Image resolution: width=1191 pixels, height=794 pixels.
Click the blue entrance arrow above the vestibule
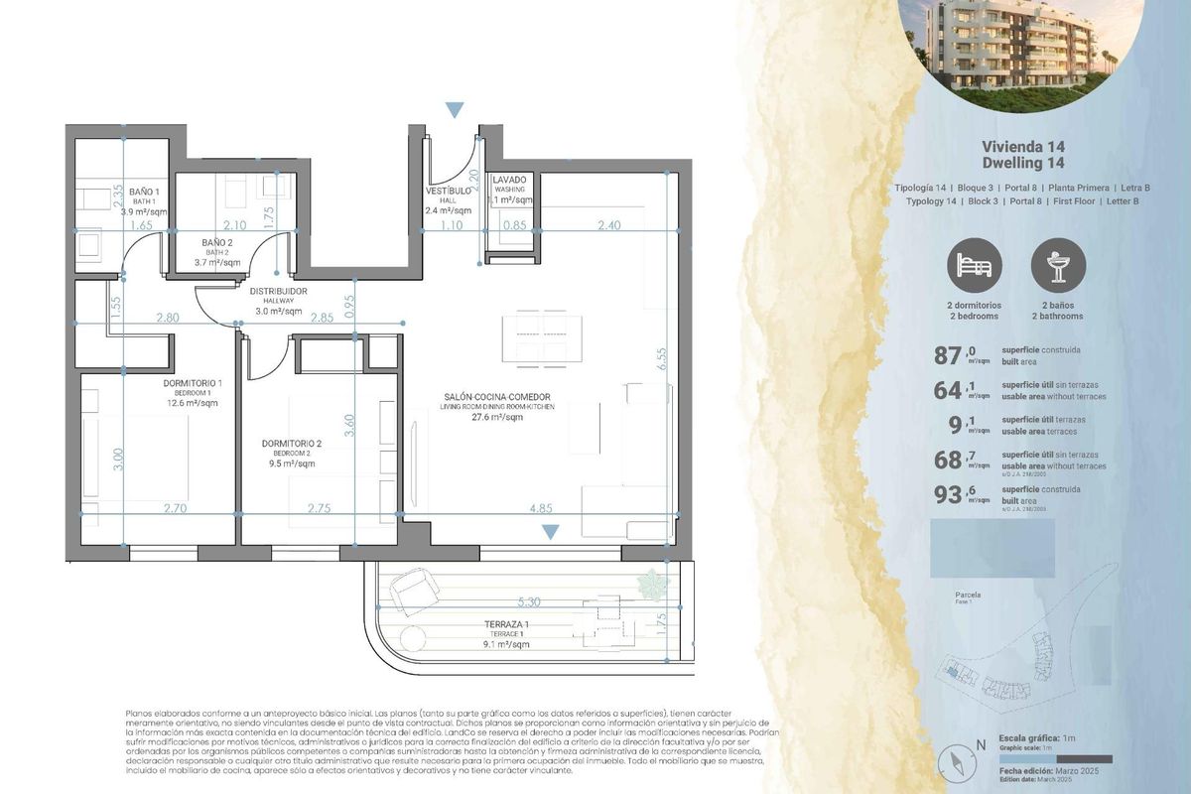pyautogui.click(x=455, y=109)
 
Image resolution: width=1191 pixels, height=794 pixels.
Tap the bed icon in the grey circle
pyautogui.click(x=975, y=266)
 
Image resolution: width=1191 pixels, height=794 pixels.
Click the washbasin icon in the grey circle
pyautogui.click(x=1058, y=266)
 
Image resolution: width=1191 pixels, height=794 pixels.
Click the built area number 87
pyautogui.click(x=949, y=355)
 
